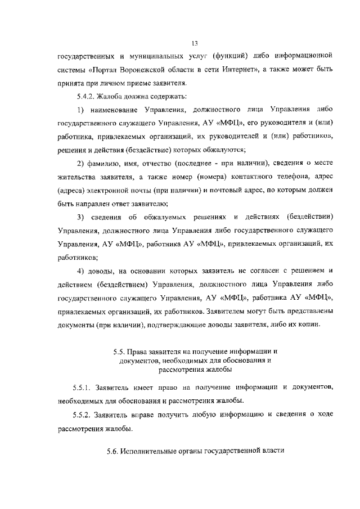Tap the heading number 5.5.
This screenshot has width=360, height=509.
(x=118, y=352)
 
